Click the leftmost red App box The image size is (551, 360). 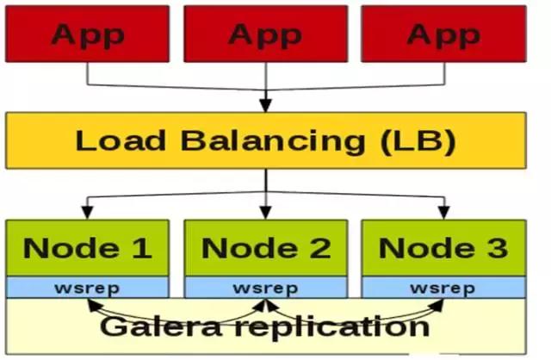[x=88, y=34]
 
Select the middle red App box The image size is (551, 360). [x=266, y=34]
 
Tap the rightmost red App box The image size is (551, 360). [x=443, y=34]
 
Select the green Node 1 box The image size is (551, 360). [x=88, y=248]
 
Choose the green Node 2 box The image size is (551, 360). [x=266, y=248]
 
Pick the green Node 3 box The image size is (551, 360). [x=443, y=248]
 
